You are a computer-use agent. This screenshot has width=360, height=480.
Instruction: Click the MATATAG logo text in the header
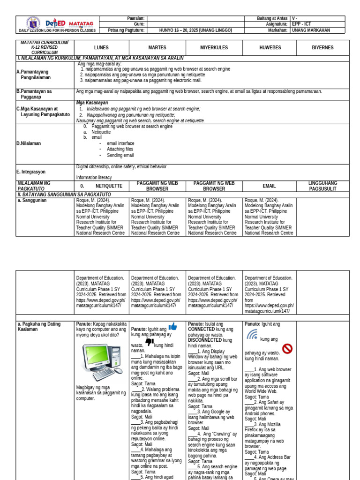(x=81, y=23)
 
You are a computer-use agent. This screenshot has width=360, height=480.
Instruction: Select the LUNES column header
(x=101, y=47)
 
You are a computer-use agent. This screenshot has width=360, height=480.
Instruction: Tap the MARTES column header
(x=157, y=47)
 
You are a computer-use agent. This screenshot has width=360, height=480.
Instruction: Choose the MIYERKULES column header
(x=214, y=47)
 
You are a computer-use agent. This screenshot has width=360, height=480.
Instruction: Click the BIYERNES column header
(x=322, y=47)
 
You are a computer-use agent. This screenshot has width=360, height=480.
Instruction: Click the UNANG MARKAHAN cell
(x=311, y=30)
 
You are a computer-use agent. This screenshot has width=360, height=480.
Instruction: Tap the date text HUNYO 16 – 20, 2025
(x=195, y=30)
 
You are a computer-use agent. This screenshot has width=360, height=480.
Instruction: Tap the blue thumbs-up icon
(x=172, y=327)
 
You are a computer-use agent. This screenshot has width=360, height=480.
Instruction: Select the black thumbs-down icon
(x=150, y=342)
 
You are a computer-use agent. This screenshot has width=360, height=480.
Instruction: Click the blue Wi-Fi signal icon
(x=252, y=334)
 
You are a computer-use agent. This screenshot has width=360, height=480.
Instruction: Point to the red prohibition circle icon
(x=287, y=348)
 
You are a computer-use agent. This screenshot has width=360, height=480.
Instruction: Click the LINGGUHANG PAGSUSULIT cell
(x=322, y=186)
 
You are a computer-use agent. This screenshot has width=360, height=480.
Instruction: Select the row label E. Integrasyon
(x=31, y=172)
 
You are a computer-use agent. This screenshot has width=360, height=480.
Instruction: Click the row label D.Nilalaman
(x=29, y=143)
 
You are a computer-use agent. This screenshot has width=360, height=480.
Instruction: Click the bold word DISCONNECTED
(x=205, y=340)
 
